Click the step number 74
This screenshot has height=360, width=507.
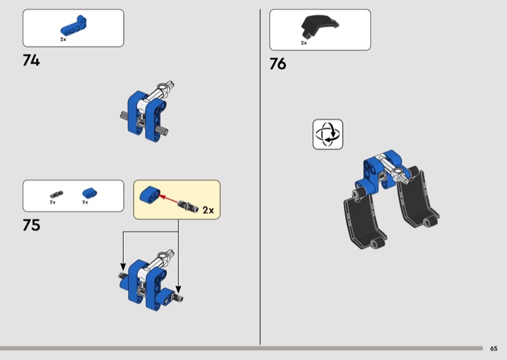click(x=31, y=60)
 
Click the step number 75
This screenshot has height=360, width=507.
click(x=31, y=225)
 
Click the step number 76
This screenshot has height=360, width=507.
click(x=278, y=64)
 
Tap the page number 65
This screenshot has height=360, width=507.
click(x=494, y=349)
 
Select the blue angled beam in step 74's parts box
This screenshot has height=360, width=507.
click(x=73, y=26)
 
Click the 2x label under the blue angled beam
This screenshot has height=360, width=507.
click(x=63, y=39)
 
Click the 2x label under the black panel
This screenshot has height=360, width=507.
click(x=304, y=43)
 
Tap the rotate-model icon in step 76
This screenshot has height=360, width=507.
click(x=328, y=134)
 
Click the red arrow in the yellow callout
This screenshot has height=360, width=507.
click(x=169, y=199)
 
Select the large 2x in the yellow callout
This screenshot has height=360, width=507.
click(x=209, y=210)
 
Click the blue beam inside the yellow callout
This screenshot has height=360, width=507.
click(x=150, y=195)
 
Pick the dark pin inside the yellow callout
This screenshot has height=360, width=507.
click(x=188, y=206)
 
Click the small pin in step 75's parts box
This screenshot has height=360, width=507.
click(x=56, y=194)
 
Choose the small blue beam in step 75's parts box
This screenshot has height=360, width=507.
click(x=89, y=193)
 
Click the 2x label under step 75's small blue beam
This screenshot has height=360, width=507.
click(x=85, y=202)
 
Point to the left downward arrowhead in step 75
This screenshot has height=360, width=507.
click(x=123, y=267)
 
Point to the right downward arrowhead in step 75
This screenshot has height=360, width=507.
click(x=178, y=290)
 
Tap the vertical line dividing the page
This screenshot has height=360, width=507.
click(x=260, y=177)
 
